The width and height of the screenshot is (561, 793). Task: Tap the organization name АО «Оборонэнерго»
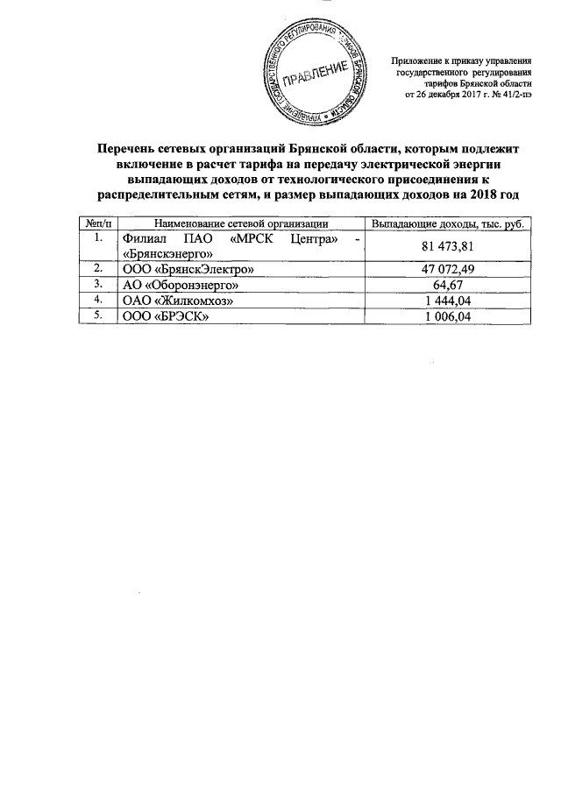coord(179,285)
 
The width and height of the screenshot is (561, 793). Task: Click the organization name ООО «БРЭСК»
coord(166,316)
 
